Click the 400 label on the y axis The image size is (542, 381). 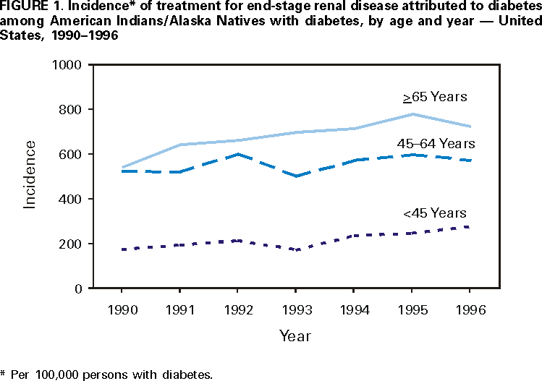75,199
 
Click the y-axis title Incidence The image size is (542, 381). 30,175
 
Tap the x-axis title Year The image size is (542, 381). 296,336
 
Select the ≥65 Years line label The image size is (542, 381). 435,96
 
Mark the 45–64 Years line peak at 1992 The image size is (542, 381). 237,154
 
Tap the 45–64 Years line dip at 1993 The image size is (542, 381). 296,176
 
